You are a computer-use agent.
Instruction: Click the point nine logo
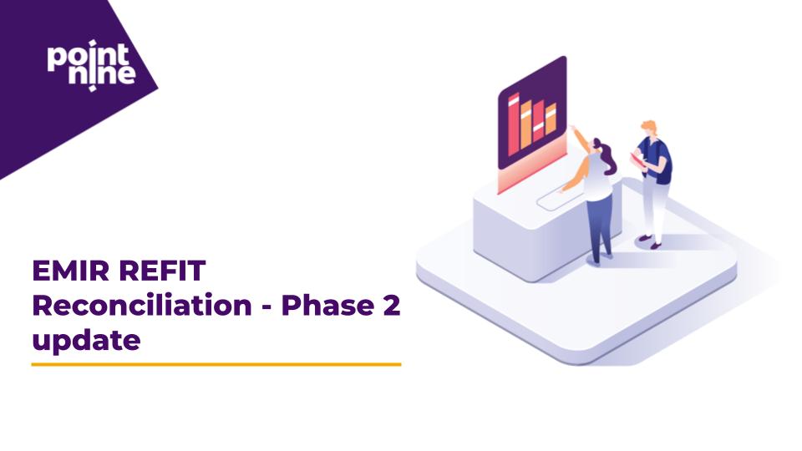point(90,63)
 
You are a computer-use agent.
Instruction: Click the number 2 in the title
point(392,306)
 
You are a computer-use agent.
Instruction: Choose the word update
point(85,341)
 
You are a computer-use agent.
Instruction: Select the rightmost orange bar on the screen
point(551,120)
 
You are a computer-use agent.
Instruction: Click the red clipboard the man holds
point(637,159)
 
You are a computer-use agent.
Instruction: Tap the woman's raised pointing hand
point(573,129)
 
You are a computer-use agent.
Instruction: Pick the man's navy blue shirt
point(659,159)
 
